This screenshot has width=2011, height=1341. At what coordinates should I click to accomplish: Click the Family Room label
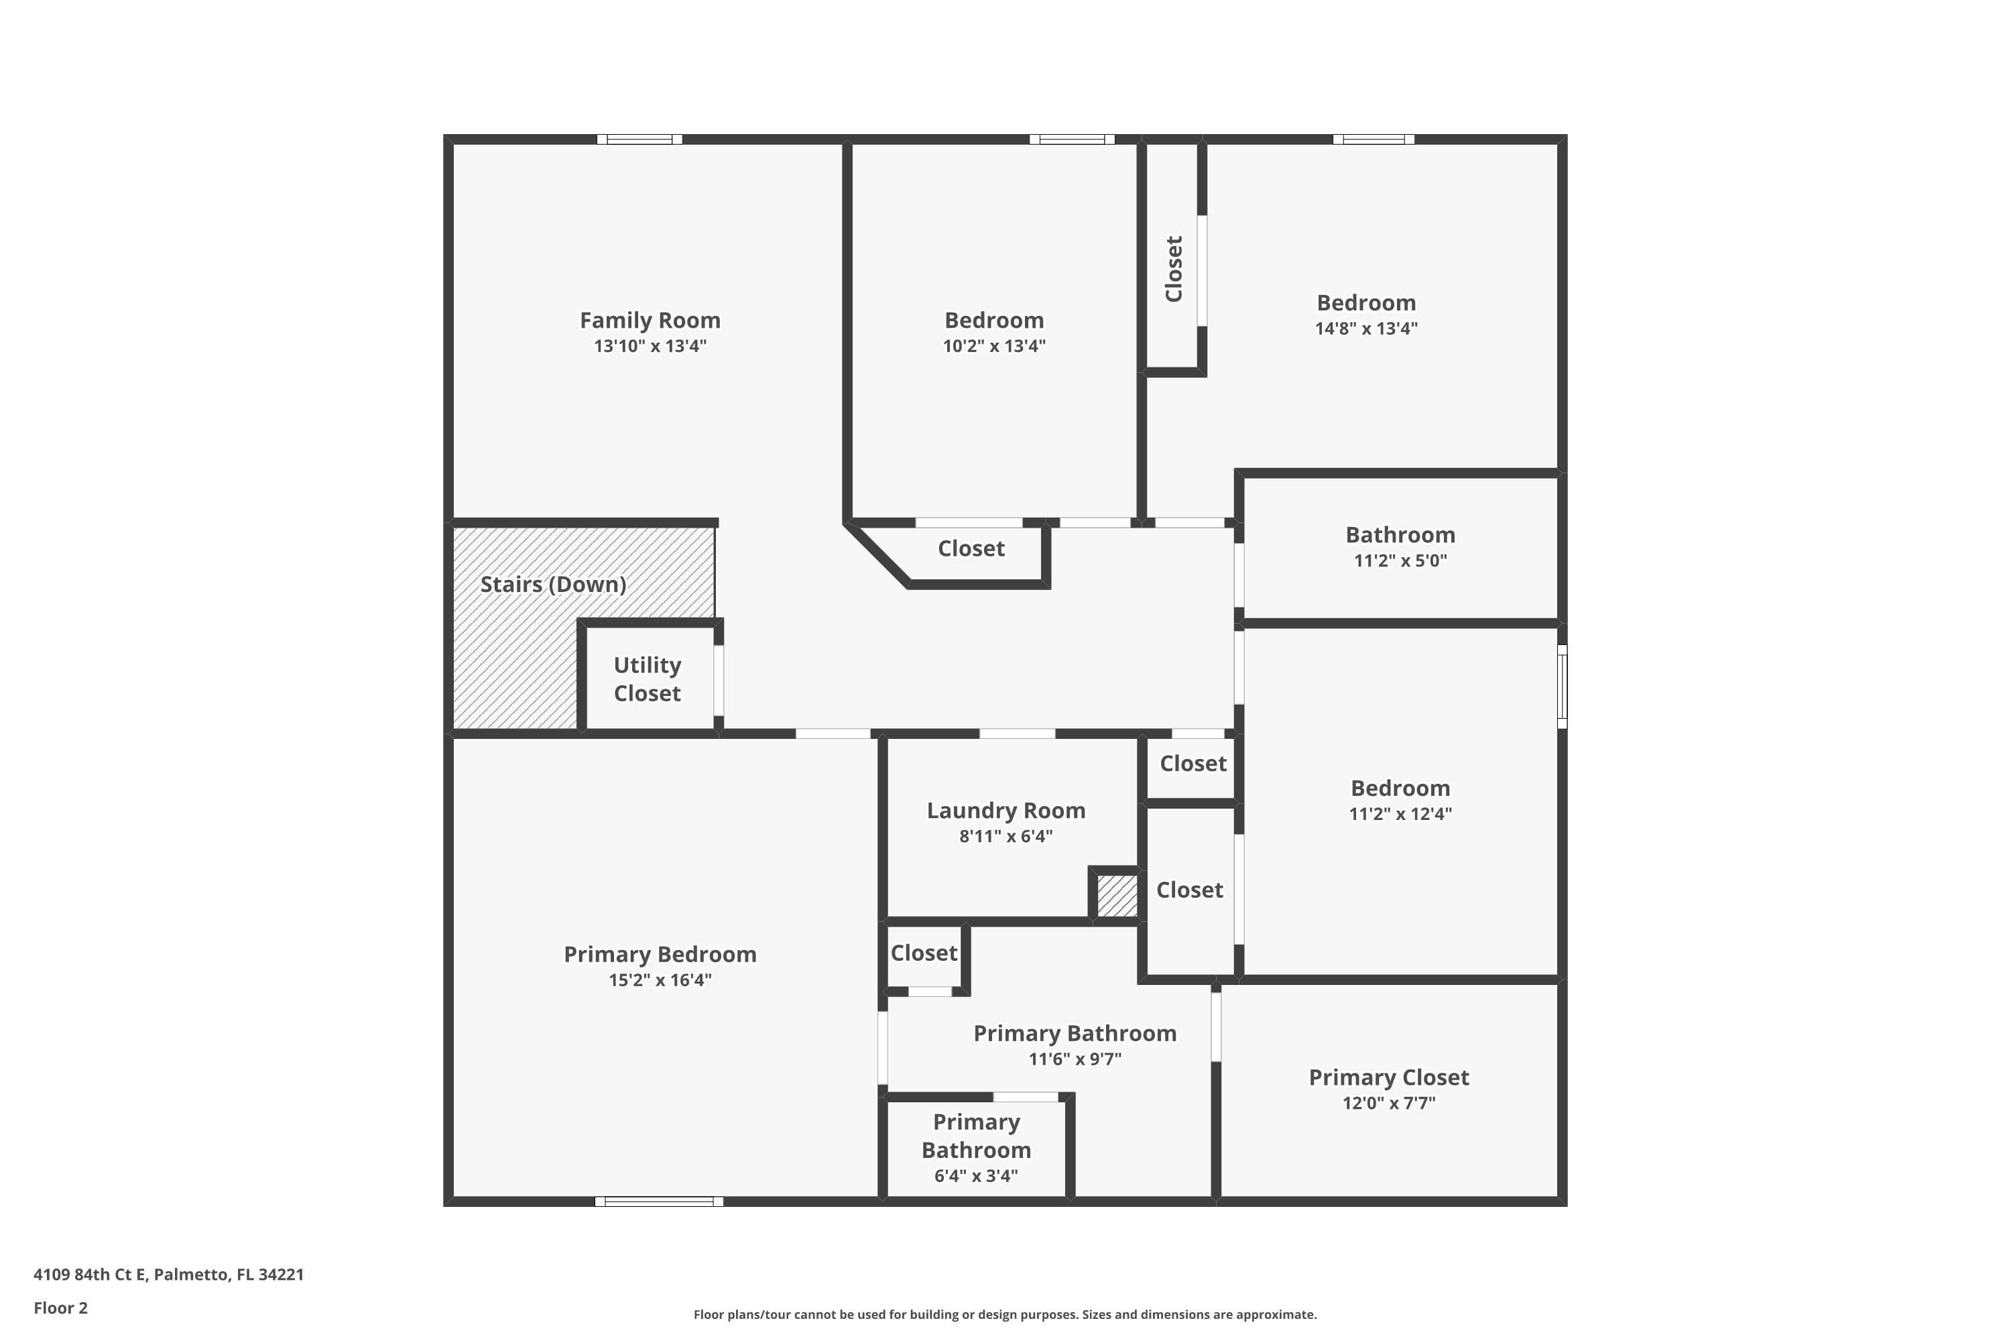(650, 320)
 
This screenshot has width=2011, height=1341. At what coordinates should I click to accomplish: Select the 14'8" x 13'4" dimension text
(1365, 329)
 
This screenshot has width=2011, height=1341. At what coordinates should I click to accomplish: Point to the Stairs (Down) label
(552, 585)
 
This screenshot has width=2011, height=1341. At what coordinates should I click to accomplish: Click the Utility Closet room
(648, 679)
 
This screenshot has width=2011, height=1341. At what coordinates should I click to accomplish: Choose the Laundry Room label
(1005, 811)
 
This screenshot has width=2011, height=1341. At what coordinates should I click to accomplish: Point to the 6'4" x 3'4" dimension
(975, 1176)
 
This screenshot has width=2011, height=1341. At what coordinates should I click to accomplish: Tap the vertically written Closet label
(1174, 270)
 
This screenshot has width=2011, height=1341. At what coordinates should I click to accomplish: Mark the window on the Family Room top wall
(639, 139)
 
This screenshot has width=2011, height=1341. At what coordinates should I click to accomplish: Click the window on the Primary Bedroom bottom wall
(658, 1202)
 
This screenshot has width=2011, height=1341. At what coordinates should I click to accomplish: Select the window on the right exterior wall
(1562, 687)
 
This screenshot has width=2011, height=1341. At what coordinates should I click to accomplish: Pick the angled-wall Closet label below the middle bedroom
(971, 549)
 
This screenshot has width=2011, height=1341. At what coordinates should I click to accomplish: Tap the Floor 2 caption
(61, 1307)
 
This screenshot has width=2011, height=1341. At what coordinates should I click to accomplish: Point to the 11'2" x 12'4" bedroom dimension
(1400, 814)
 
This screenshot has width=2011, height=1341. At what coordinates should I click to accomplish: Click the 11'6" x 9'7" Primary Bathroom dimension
(1074, 1059)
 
